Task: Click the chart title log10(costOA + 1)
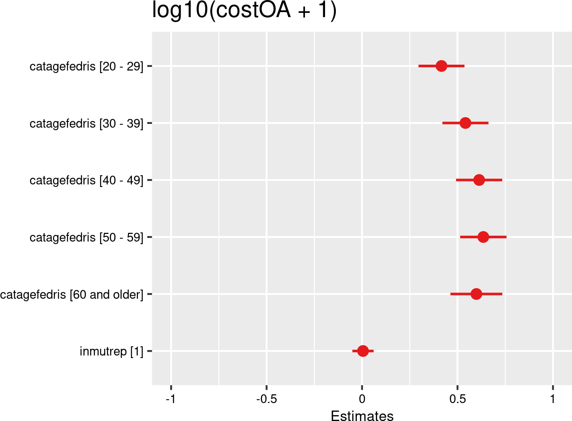(244, 10)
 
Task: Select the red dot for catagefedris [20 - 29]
(441, 66)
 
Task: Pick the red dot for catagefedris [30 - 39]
(465, 123)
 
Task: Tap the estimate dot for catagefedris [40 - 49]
(479, 180)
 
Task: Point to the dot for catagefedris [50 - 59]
(483, 237)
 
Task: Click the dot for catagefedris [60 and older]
(476, 294)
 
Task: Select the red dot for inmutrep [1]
(363, 351)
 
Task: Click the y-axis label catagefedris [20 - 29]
(86, 66)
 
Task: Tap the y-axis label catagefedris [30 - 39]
(86, 124)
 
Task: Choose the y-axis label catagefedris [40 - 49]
(86, 180)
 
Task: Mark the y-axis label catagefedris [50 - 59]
(86, 237)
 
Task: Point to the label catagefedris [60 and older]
(72, 295)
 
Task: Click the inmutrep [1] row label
(111, 351)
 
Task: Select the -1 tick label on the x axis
(170, 399)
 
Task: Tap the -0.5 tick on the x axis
(266, 399)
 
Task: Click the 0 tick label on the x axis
(362, 399)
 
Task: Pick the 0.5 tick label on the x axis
(457, 399)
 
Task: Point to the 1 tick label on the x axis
(553, 399)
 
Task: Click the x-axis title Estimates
(362, 416)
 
